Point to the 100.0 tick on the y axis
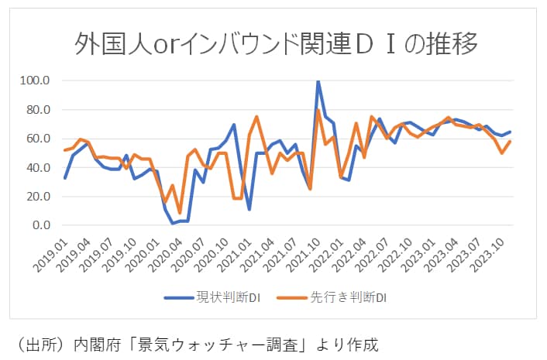coord(36,80)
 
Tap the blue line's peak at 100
coord(318,81)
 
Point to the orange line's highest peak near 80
coord(318,110)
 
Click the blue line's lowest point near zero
coord(173,223)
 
